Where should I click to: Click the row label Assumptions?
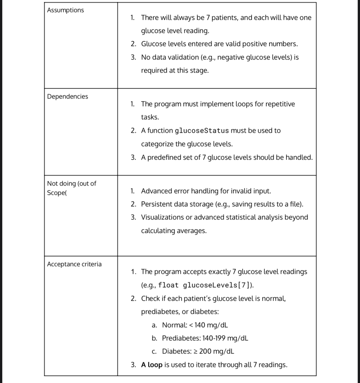click(x=65, y=10)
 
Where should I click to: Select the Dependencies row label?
click(x=68, y=97)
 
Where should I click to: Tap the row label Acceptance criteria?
click(x=74, y=264)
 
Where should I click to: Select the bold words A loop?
click(x=152, y=365)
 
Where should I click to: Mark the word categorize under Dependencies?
click(x=157, y=144)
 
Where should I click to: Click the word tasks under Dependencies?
click(x=150, y=117)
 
